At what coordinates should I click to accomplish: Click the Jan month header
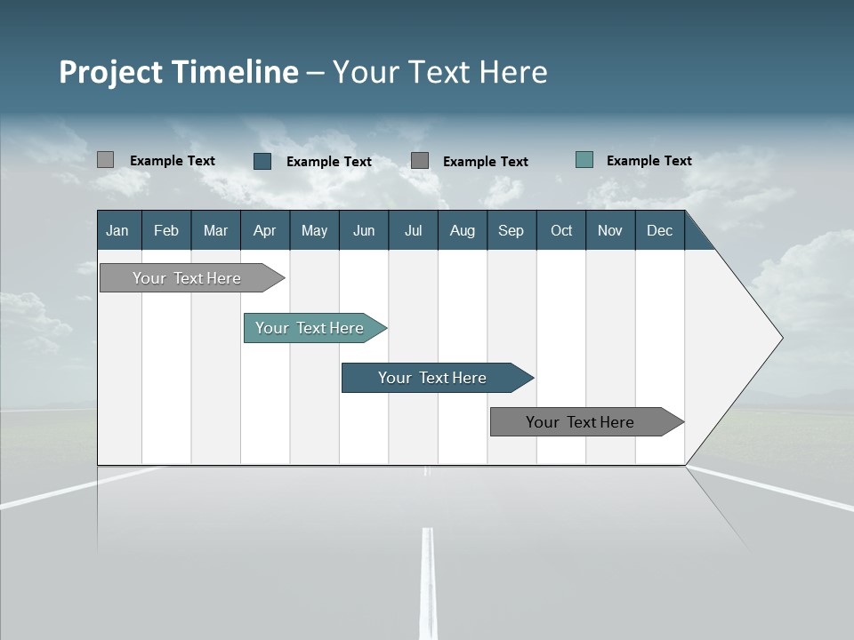pyautogui.click(x=118, y=230)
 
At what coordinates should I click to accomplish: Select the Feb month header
pyautogui.click(x=166, y=230)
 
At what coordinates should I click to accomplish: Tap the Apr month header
pyautogui.click(x=265, y=230)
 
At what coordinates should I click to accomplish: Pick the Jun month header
pyautogui.click(x=364, y=230)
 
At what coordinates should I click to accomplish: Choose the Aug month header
pyautogui.click(x=463, y=230)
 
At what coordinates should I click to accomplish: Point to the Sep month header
pyautogui.click(x=512, y=230)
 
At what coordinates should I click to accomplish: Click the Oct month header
pyautogui.click(x=561, y=230)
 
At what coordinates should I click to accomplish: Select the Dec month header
pyautogui.click(x=660, y=230)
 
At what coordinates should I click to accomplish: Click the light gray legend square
pyautogui.click(x=106, y=160)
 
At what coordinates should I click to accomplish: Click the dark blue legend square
pyautogui.click(x=262, y=161)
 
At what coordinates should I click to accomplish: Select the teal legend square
pyautogui.click(x=584, y=160)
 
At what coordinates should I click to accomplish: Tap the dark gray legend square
pyautogui.click(x=420, y=161)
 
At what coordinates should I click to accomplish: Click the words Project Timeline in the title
pyautogui.click(x=179, y=72)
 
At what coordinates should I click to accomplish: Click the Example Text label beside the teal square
pyautogui.click(x=649, y=161)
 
